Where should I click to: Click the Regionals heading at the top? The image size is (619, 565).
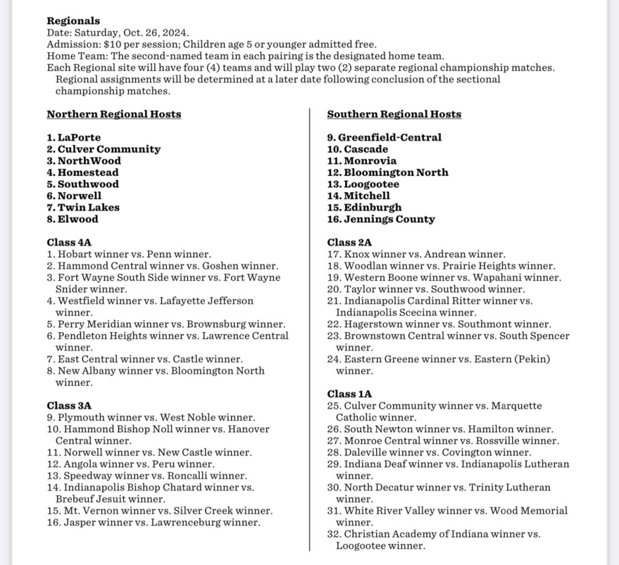(x=74, y=21)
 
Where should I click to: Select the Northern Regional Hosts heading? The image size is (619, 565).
(x=114, y=114)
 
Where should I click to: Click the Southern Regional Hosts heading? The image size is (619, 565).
(x=394, y=114)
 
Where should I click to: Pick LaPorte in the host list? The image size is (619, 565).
(x=79, y=138)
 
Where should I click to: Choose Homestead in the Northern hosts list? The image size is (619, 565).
(x=88, y=173)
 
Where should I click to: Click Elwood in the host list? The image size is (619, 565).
(x=77, y=219)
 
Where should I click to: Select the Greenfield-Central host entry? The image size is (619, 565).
(x=389, y=138)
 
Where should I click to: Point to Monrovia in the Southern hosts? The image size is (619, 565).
(x=370, y=161)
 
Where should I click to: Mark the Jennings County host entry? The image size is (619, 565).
(x=389, y=219)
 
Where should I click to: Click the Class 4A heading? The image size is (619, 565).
(x=69, y=243)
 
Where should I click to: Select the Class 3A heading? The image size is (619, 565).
(x=69, y=406)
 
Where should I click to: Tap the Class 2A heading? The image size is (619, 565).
(x=349, y=243)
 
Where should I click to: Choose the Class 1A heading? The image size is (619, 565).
(x=349, y=394)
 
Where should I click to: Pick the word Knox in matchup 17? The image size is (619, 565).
(x=355, y=255)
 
